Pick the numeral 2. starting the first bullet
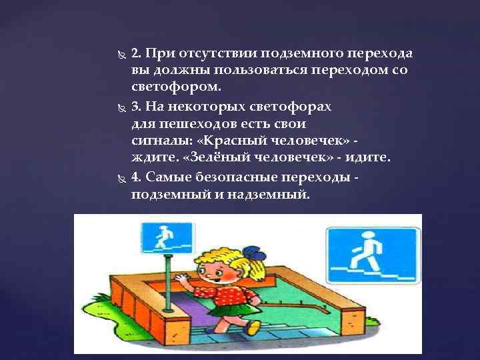pyautogui.click(x=136, y=53)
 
